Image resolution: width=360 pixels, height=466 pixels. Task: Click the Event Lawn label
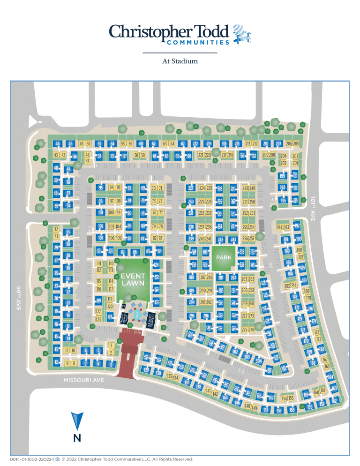[x=133, y=279]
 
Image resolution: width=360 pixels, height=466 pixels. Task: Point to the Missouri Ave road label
[x=84, y=380]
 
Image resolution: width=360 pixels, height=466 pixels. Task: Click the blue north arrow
[x=77, y=421]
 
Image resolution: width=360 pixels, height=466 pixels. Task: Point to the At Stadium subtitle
[x=180, y=61]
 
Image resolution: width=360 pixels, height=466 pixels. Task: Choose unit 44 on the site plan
[x=58, y=144]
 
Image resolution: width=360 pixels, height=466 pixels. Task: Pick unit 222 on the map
[x=195, y=143]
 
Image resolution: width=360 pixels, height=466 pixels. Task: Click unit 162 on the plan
[x=334, y=400]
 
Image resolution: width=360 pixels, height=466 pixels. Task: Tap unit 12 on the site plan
[x=57, y=362]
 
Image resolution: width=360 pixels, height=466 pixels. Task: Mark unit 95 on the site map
[x=100, y=188]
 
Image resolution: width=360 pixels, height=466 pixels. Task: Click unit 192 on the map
[x=297, y=226]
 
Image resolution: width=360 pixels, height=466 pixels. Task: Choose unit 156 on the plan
[x=292, y=410]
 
